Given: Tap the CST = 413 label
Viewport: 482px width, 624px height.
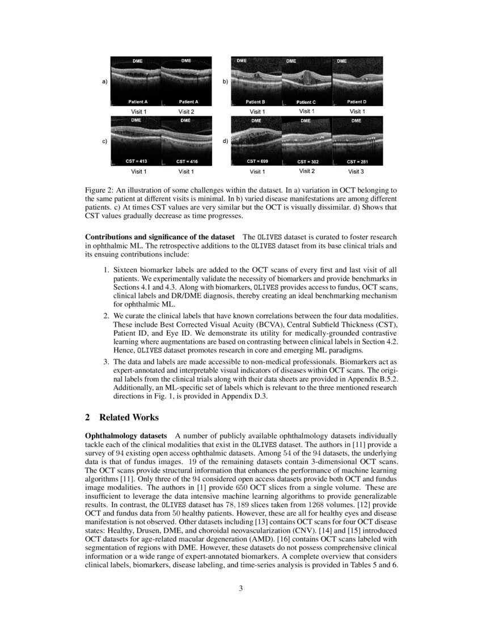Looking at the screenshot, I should pos(136,162).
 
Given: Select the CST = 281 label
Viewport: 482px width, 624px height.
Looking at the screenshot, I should pos(357,162).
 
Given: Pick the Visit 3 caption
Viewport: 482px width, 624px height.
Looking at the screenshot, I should pos(357,171).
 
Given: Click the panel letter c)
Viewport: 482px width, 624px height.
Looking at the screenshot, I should pos(105,141).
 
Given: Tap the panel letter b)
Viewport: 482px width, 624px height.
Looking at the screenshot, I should pos(225,82).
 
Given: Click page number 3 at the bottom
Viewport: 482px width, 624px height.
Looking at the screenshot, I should pos(241,588).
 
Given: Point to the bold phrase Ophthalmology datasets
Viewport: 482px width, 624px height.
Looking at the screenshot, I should pos(126,435).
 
